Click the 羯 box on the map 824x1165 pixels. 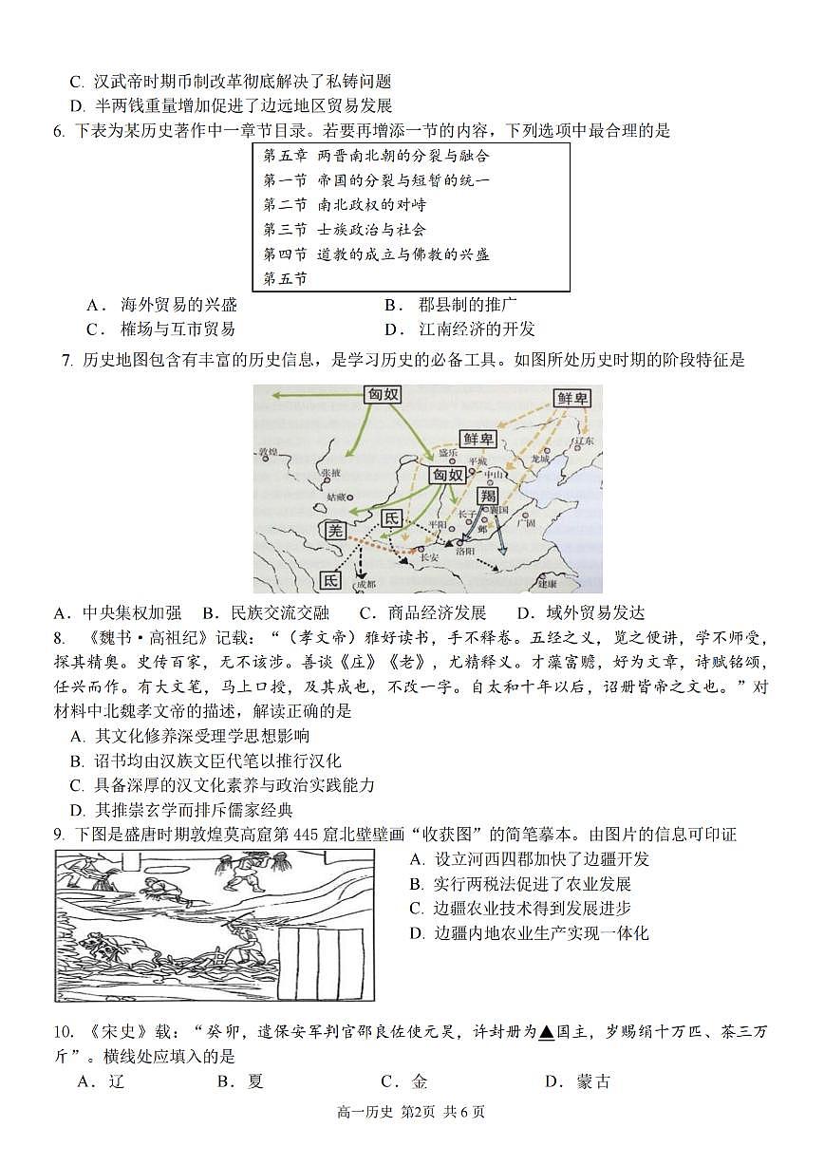(487, 497)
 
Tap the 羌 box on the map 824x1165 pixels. (333, 533)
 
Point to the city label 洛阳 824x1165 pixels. (464, 551)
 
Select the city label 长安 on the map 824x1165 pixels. (430, 557)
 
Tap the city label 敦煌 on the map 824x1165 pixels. (270, 453)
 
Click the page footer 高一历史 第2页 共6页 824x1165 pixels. (410, 1138)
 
